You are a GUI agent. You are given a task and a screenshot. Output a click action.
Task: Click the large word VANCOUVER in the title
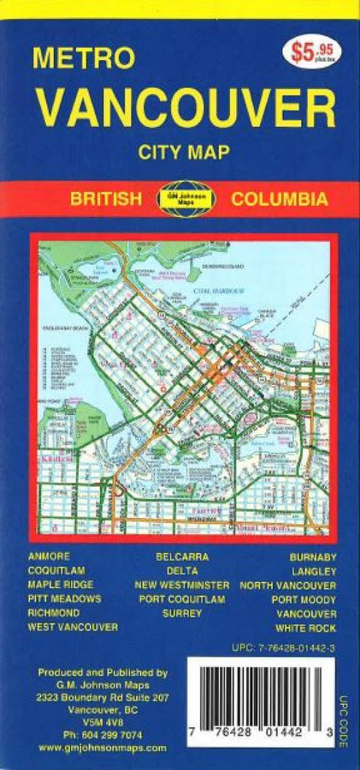(x=187, y=107)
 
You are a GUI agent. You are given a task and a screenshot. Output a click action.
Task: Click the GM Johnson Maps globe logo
(x=186, y=199)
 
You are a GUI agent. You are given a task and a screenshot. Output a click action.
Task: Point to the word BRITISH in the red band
(x=105, y=199)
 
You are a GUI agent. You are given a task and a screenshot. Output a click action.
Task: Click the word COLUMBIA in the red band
(x=279, y=199)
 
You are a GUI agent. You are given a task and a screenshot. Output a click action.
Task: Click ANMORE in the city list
(x=48, y=556)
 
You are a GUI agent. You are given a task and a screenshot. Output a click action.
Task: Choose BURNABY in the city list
(x=313, y=556)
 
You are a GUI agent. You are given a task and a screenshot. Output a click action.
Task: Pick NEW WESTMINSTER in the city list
(x=182, y=585)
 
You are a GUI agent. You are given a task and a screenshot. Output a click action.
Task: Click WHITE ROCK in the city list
(x=306, y=627)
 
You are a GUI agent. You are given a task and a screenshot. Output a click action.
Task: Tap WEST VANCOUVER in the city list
(x=72, y=627)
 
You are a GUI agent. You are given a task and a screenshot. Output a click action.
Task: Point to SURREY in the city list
(x=182, y=613)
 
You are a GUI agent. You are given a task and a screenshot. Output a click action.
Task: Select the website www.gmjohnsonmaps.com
(x=102, y=747)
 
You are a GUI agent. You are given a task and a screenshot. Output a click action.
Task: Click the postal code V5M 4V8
(x=102, y=723)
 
